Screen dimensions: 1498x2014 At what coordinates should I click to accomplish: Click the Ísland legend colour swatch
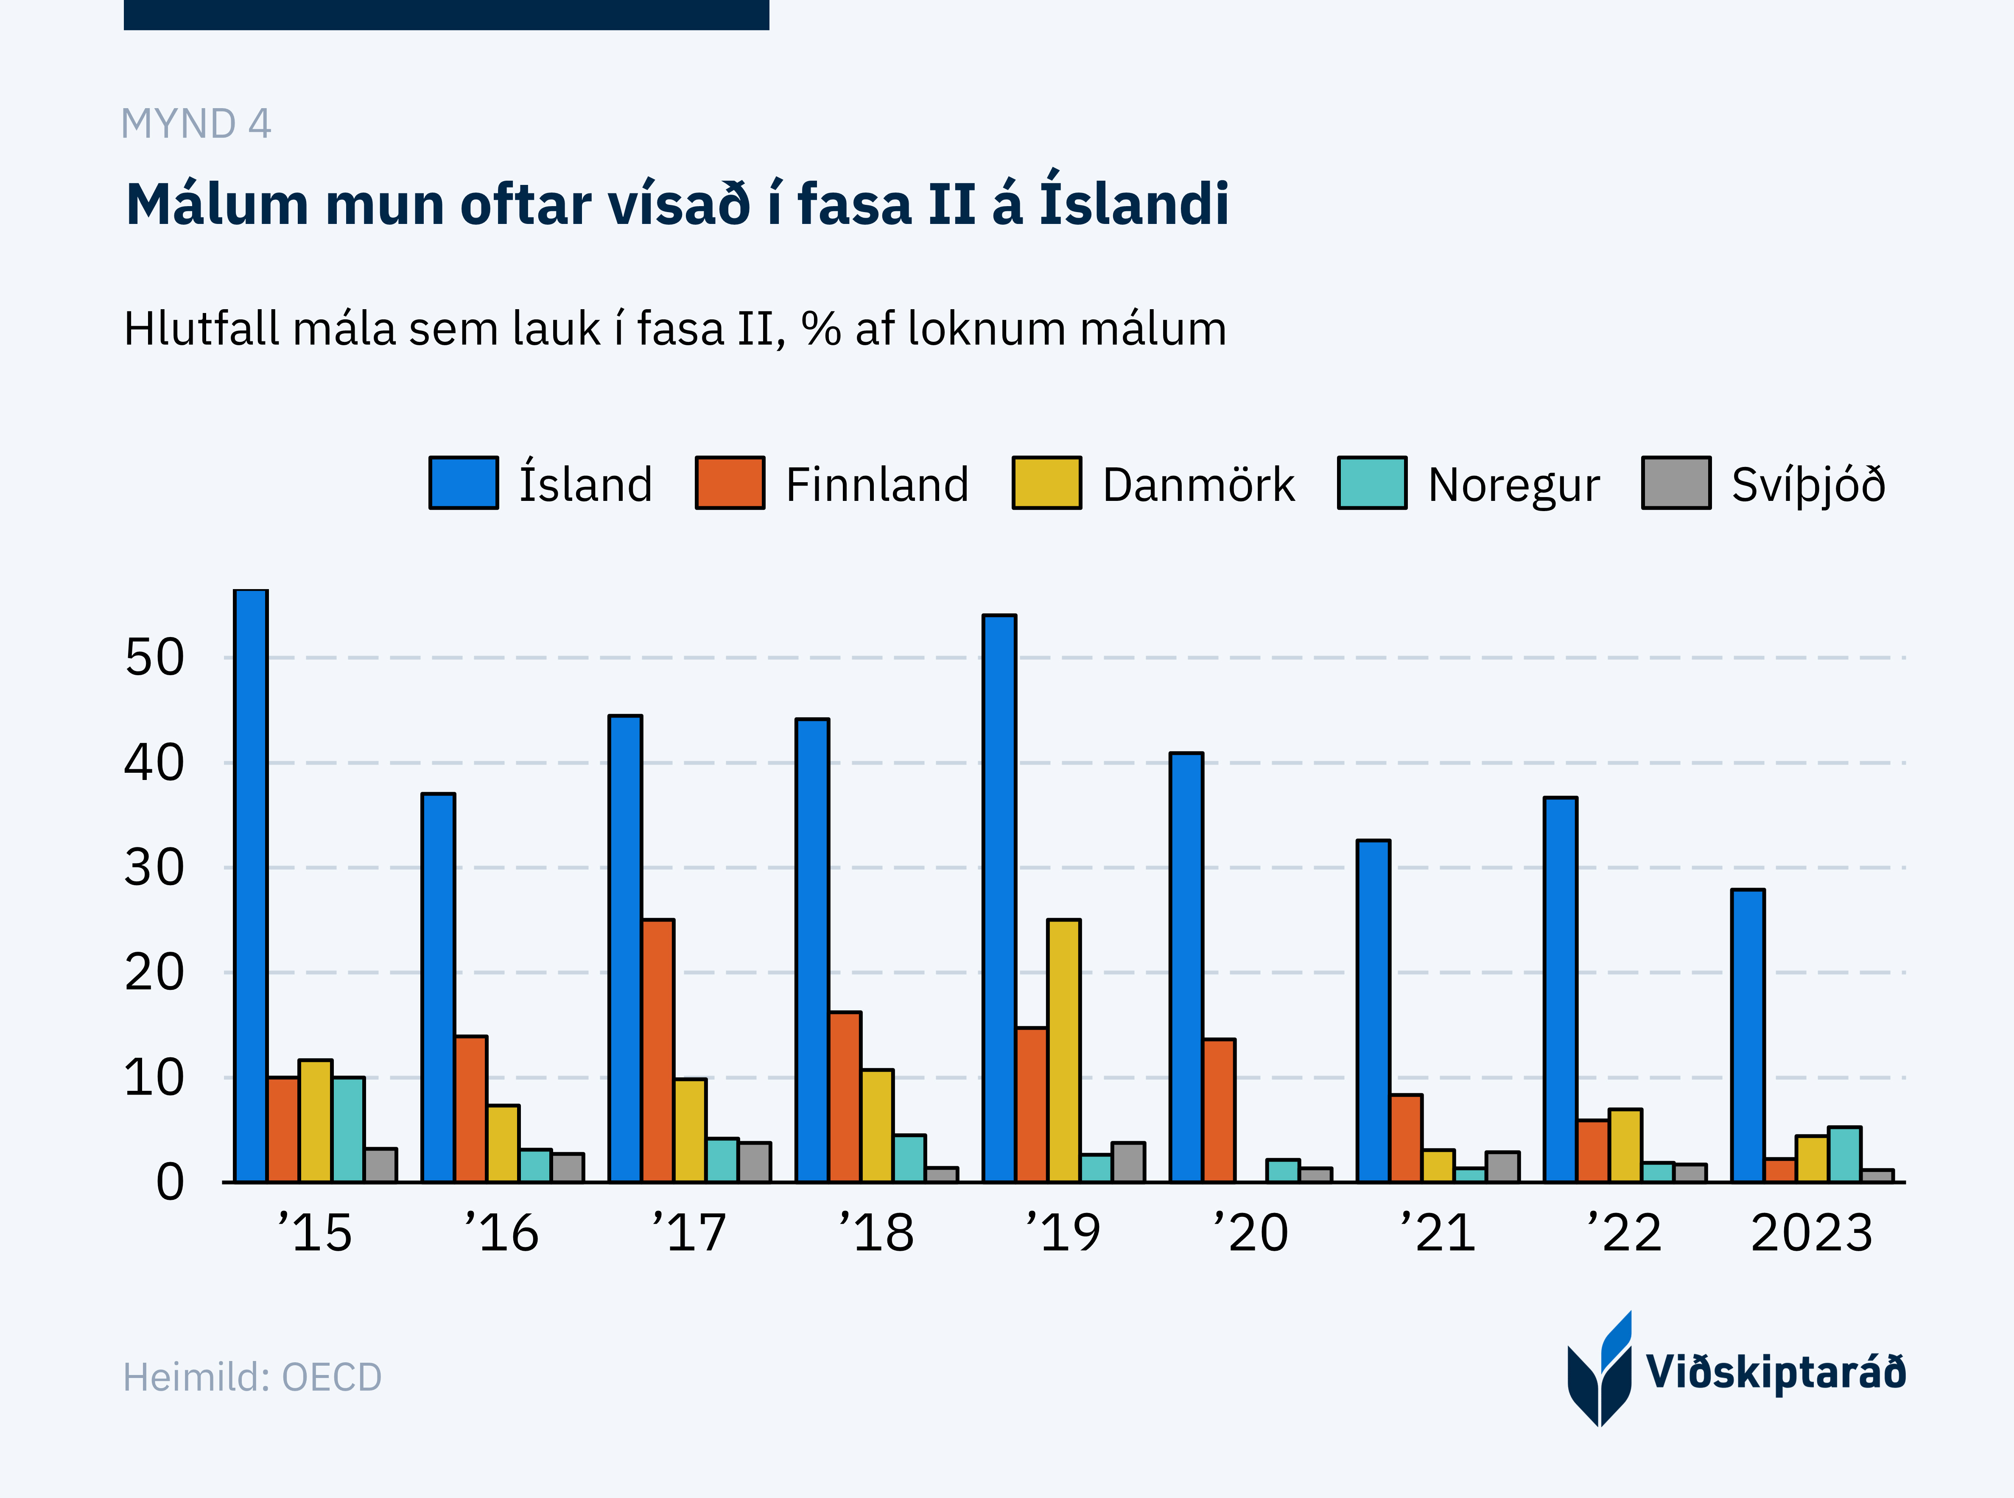point(463,483)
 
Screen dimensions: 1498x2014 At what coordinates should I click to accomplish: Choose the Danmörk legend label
point(1198,485)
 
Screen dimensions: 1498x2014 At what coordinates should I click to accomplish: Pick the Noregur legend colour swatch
point(1372,483)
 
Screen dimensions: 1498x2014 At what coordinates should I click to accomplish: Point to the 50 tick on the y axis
point(154,658)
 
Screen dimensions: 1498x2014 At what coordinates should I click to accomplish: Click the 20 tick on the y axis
point(154,973)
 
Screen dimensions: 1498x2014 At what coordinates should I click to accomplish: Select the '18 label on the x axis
point(876,1233)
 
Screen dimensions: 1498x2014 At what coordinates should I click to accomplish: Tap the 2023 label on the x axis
point(1811,1233)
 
